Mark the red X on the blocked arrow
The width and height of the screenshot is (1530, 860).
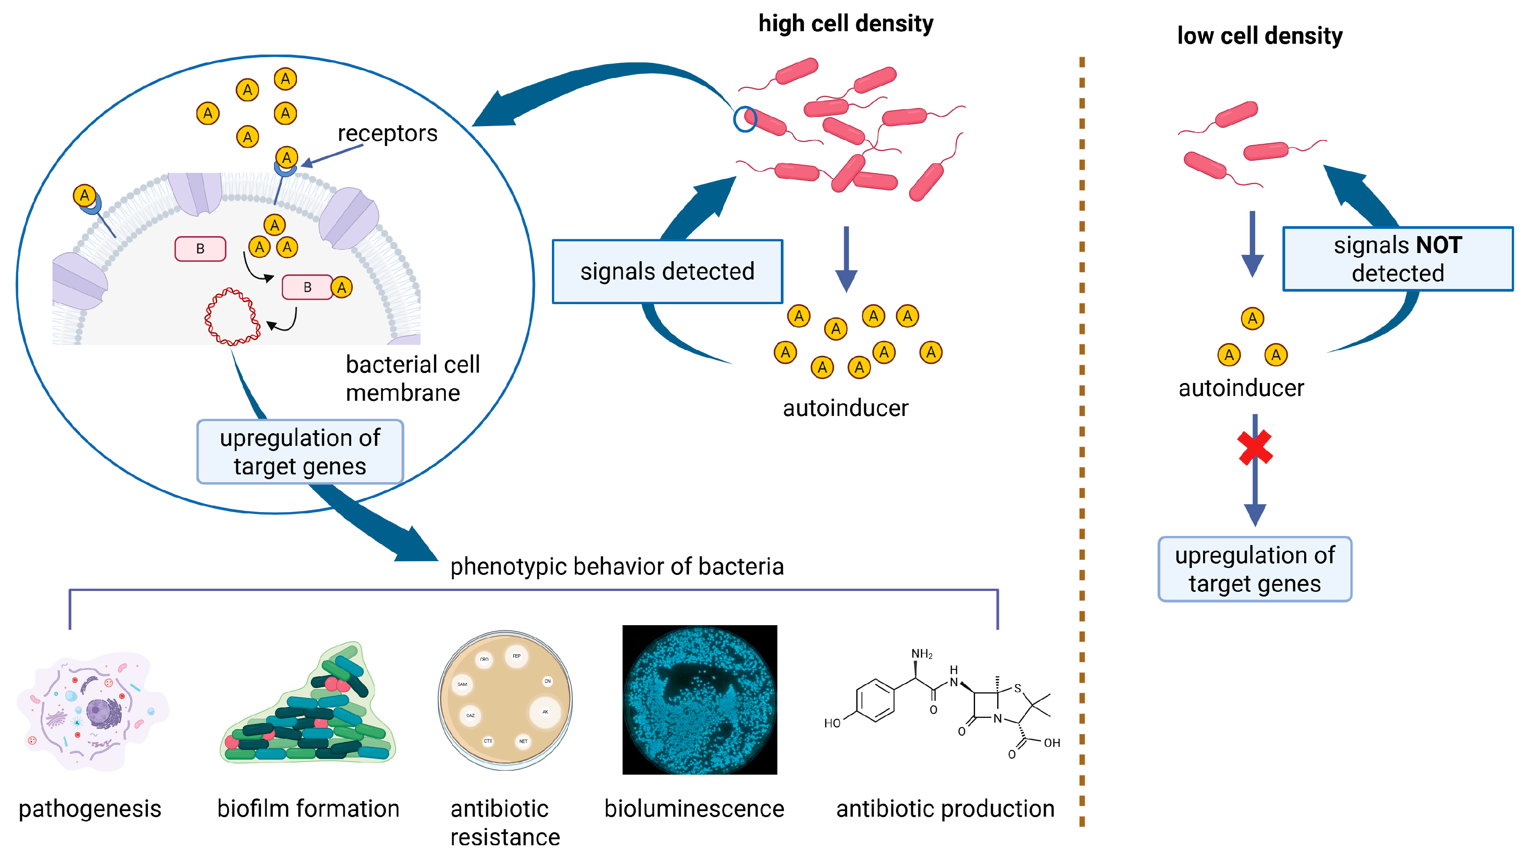(1254, 447)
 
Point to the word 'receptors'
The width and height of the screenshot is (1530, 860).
(387, 133)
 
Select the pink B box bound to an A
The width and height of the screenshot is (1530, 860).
(307, 287)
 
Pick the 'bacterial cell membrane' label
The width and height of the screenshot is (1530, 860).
(412, 379)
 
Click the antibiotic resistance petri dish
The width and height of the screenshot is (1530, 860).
(505, 700)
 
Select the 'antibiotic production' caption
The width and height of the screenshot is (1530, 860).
(945, 808)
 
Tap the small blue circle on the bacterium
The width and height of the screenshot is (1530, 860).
(744, 119)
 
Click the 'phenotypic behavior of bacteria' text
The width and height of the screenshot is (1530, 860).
(617, 566)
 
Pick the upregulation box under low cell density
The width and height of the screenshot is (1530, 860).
(1254, 569)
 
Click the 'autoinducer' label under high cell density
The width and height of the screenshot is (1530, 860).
(845, 408)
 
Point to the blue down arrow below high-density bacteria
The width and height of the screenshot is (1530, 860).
(846, 259)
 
